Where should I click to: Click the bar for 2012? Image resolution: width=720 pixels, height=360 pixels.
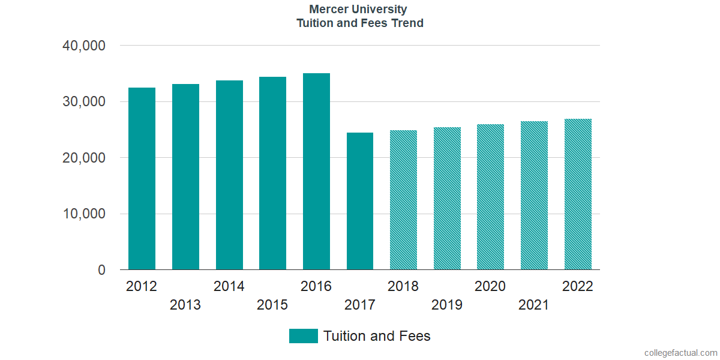pos(142,178)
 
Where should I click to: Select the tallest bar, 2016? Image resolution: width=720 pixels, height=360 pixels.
pos(316,172)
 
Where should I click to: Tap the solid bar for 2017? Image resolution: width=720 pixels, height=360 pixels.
pos(360,201)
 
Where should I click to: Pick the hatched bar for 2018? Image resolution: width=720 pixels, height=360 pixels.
pos(403,200)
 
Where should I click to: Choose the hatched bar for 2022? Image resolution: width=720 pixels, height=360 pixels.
pos(578,194)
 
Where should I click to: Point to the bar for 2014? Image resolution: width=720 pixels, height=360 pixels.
pos(229,175)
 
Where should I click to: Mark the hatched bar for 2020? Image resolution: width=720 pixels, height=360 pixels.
pos(491,197)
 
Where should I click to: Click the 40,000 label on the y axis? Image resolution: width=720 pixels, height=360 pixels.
pos(84,46)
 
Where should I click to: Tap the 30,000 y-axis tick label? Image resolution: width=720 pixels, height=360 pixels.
pos(84,101)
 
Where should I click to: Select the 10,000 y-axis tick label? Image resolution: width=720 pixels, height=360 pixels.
pos(84,214)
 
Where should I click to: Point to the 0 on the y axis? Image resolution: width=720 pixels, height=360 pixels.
pos(101,270)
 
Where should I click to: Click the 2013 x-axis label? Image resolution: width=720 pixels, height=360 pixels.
pos(185,305)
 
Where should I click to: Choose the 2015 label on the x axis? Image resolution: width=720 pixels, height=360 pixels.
pos(272,305)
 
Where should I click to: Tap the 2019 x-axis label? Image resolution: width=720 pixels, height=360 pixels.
pos(447,305)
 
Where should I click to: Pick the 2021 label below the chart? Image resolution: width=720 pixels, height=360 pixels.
pos(533,305)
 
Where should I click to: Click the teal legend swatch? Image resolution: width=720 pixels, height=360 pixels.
pos(304,336)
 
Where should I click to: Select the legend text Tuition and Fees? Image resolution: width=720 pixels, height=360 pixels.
pos(377,336)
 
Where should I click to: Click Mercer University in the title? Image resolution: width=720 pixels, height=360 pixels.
pos(358,10)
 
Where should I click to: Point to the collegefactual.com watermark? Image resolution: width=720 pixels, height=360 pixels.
pos(681,353)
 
